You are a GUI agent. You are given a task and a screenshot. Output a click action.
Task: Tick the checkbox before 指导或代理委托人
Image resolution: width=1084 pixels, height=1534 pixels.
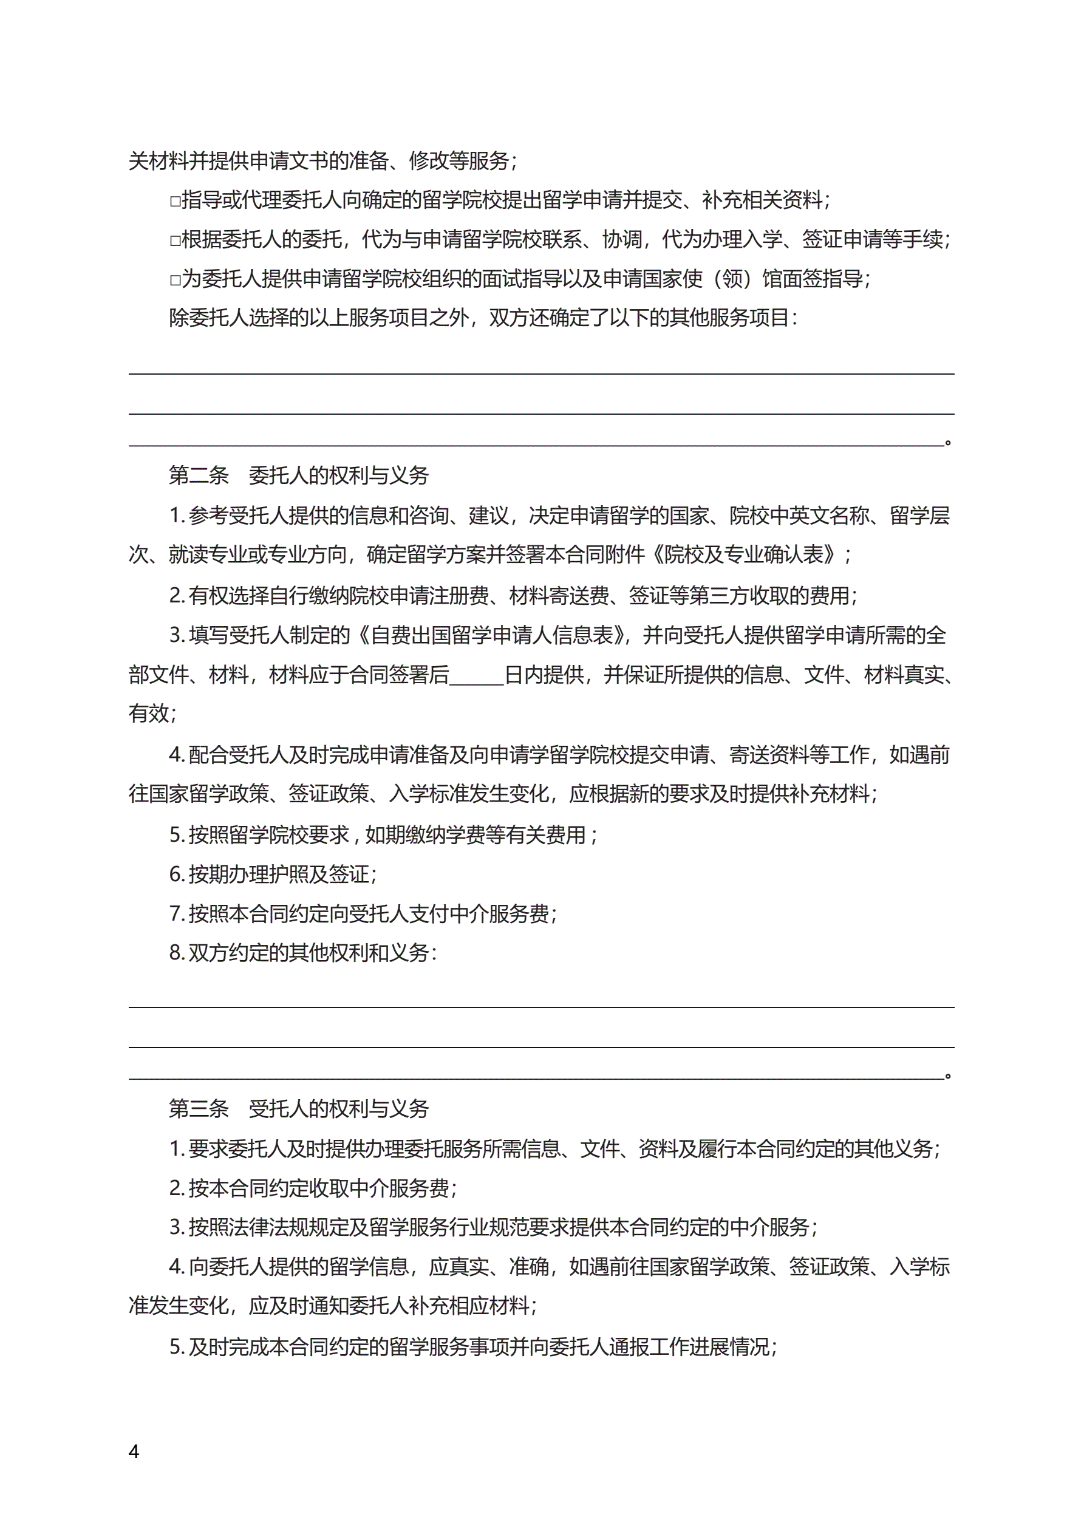click(175, 200)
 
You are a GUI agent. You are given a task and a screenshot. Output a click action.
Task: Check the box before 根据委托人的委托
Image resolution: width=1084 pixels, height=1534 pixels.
click(175, 240)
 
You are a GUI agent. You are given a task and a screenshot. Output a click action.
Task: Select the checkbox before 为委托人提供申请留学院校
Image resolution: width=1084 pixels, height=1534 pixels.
click(175, 279)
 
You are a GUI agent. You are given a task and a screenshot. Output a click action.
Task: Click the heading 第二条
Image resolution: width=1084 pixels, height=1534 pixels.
click(199, 475)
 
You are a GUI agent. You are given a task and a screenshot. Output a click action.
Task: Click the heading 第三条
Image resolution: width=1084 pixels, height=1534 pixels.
click(199, 1108)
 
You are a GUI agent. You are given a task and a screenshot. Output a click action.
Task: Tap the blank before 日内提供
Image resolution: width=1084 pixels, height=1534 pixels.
click(477, 675)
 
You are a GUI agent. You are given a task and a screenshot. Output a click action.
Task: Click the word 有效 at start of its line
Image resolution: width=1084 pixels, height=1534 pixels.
click(148, 714)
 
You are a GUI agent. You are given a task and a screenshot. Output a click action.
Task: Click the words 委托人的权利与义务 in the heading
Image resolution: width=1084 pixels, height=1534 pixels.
click(339, 475)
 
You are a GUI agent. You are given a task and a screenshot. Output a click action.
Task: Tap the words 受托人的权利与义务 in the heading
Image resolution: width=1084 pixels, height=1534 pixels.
click(339, 1108)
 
